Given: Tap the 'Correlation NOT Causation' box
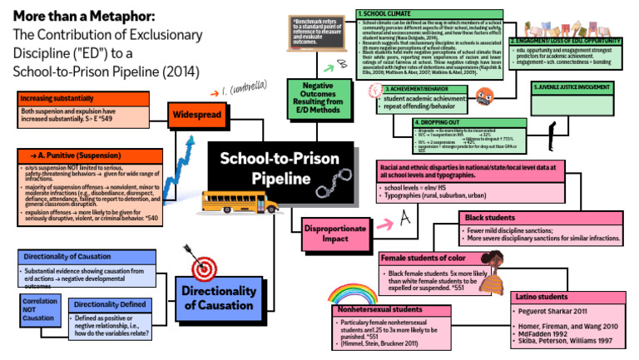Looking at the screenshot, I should pyautogui.click(x=39, y=310).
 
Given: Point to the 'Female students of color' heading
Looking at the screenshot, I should pyautogui.click(x=424, y=258).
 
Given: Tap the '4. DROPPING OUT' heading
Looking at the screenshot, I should pyautogui.click(x=433, y=123).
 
